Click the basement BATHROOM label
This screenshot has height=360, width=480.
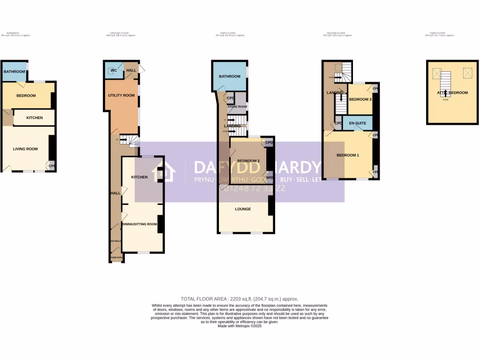14,72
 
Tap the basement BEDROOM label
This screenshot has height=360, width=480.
26,96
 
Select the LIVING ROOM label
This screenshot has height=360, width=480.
25,149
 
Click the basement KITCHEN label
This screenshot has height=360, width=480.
34,118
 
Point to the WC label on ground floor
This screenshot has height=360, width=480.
113,70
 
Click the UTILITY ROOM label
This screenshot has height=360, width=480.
121,95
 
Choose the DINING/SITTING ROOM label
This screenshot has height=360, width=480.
140,224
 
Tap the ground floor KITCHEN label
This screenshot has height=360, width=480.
139,177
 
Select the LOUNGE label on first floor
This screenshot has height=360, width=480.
243,209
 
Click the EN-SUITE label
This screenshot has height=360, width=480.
358,123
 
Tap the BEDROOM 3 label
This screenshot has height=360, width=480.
360,99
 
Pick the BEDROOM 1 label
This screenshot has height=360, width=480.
348,155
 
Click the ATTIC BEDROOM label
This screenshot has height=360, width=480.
453,93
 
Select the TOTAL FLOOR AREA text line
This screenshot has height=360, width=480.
240,299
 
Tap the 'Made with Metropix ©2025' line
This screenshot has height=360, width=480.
240,326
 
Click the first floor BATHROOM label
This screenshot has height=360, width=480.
229,76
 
